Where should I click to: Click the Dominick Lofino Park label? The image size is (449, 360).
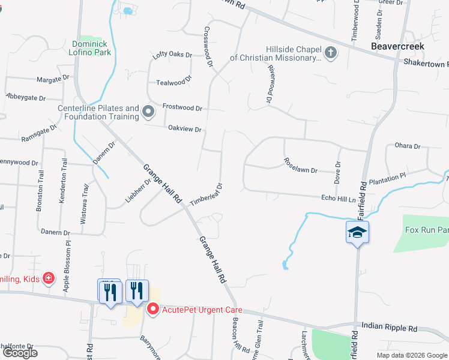[x=92, y=48]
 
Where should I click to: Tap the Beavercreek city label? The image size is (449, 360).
[x=397, y=46]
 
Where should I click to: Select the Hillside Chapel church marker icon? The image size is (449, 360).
[x=330, y=53]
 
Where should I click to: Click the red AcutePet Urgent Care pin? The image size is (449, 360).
[x=152, y=310]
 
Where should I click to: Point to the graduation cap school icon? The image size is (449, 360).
[x=357, y=232]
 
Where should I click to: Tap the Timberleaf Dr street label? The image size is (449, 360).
[x=206, y=195]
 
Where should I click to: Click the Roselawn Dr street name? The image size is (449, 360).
[x=300, y=166]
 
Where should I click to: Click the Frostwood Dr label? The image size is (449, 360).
[x=182, y=107]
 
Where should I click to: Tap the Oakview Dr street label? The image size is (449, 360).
[x=184, y=128]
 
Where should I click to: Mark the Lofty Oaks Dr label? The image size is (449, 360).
[x=172, y=55]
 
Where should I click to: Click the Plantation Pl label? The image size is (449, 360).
[x=388, y=179]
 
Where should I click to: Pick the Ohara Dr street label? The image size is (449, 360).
[x=408, y=146]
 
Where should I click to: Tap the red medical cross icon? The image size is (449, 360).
[x=48, y=279]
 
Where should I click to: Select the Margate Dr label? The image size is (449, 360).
[x=53, y=79]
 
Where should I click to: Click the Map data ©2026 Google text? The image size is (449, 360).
[x=411, y=355]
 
